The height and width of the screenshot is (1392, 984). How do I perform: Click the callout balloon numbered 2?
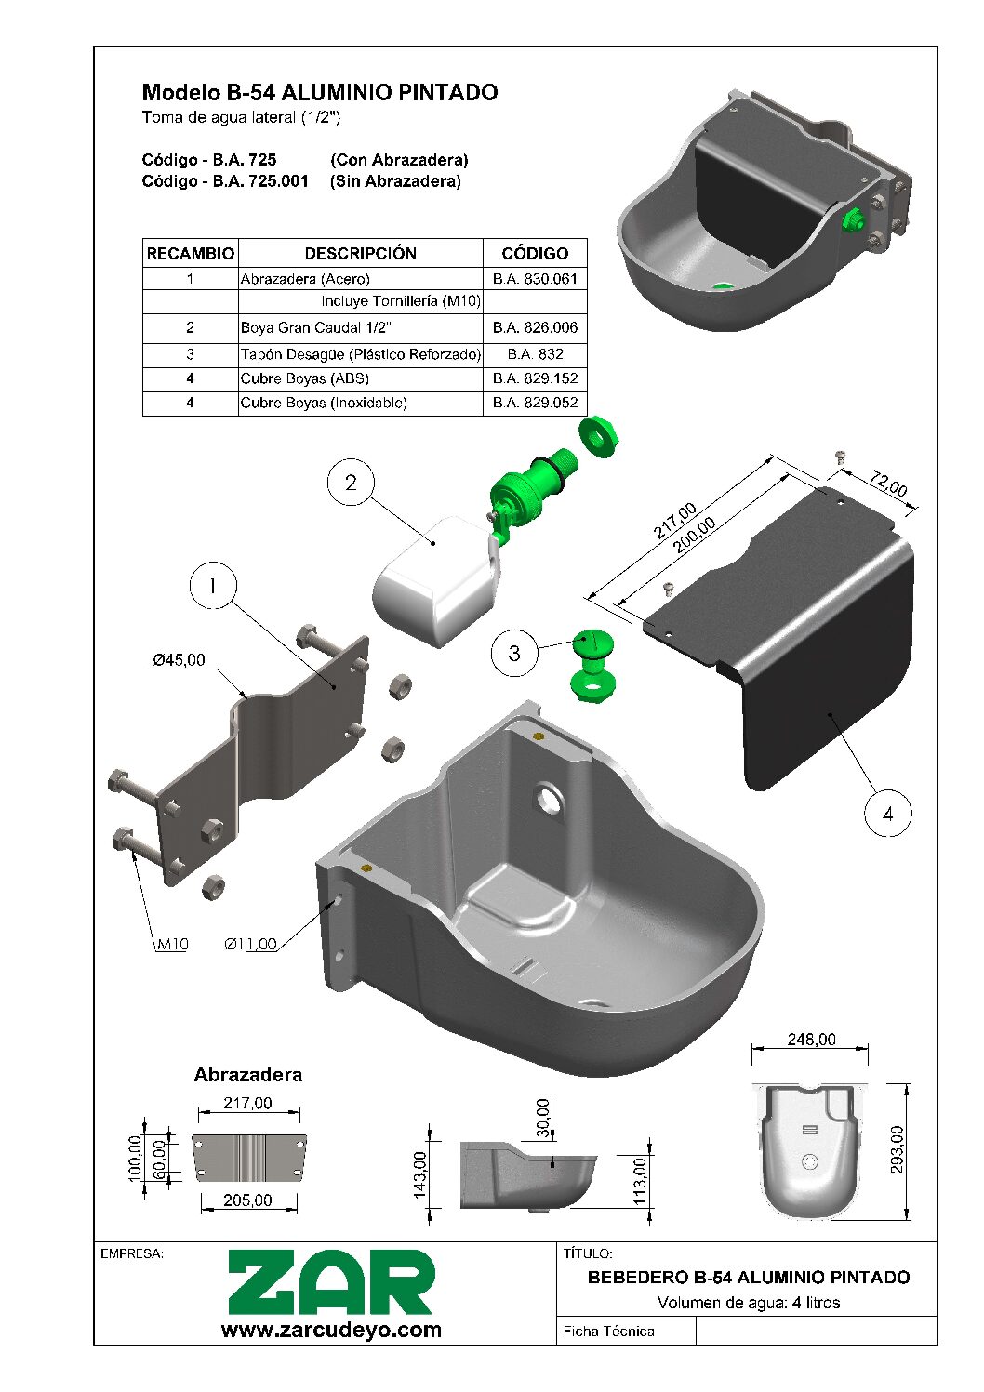[x=351, y=483]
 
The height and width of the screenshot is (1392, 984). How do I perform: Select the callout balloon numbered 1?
[x=213, y=586]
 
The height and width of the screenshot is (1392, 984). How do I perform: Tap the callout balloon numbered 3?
[x=514, y=653]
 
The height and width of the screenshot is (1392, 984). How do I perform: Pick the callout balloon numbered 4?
[x=887, y=814]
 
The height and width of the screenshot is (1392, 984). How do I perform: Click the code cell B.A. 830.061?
[x=535, y=279]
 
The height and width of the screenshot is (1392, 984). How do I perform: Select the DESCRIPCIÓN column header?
[x=360, y=253]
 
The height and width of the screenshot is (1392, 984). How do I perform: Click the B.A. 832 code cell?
[x=535, y=353]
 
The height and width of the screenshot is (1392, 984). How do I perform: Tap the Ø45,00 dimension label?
[x=179, y=660]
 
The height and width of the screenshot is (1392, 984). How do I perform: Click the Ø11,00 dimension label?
[x=250, y=944]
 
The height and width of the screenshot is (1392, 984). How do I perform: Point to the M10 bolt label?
[x=172, y=944]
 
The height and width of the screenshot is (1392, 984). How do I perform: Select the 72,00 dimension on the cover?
[x=888, y=484]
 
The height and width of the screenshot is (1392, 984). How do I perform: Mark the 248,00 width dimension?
[x=811, y=1040]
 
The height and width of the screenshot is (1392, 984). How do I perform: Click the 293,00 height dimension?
[x=898, y=1149]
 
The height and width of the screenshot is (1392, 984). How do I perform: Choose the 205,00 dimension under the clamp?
[x=247, y=1200]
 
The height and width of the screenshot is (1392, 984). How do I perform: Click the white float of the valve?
[x=432, y=582]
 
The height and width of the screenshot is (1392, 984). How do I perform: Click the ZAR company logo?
[x=331, y=1282]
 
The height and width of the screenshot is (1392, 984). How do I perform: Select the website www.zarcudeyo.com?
[x=331, y=1330]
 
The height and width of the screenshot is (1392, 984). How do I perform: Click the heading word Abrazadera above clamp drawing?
[x=247, y=1075]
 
